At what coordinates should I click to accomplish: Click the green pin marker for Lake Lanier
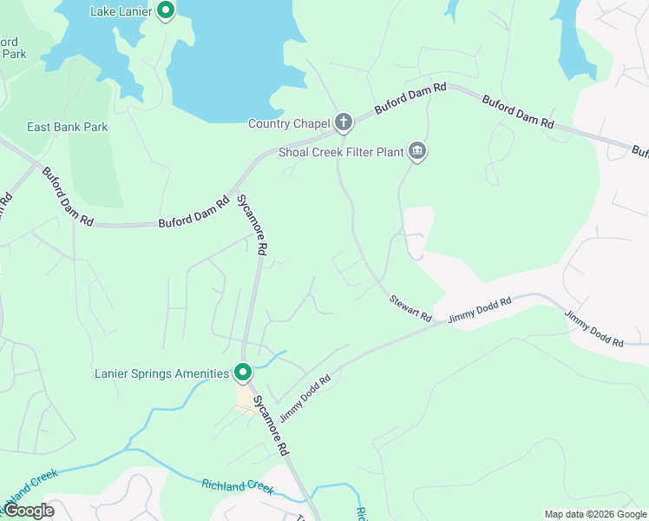tap(167, 11)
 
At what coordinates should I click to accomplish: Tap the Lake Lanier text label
tap(121, 11)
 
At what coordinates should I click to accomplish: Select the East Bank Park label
tap(67, 127)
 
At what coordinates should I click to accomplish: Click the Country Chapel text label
tap(289, 123)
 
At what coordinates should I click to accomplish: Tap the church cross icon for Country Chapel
tap(344, 122)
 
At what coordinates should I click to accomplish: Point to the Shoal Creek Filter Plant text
tap(341, 152)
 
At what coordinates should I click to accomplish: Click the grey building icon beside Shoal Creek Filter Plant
tap(418, 152)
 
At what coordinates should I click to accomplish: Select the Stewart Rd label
tap(410, 309)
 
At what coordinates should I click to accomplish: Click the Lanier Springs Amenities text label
tap(161, 374)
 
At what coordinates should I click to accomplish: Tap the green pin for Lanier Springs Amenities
tap(243, 373)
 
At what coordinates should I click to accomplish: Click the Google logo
tap(28, 511)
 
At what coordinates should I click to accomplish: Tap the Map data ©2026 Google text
tap(594, 514)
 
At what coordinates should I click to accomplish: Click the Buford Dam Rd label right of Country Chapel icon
tap(410, 98)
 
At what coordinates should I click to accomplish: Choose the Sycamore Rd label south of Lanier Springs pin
tap(270, 425)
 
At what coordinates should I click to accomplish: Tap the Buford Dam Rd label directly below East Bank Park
tap(68, 197)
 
